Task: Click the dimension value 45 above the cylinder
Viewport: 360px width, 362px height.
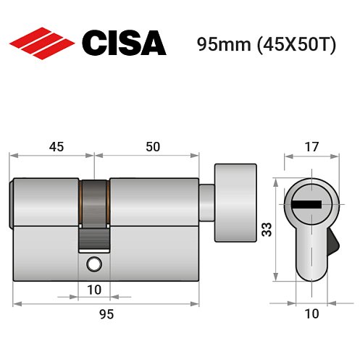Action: pos(55,147)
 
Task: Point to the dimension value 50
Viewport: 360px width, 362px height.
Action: pos(152,147)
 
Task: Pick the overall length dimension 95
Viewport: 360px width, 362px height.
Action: pos(106,314)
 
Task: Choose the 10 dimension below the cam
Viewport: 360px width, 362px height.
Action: pos(94,289)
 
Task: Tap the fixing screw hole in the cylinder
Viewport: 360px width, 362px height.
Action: pos(92,265)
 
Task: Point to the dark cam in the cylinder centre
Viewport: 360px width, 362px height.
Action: pos(94,210)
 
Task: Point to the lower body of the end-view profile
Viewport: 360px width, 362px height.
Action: pos(312,257)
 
